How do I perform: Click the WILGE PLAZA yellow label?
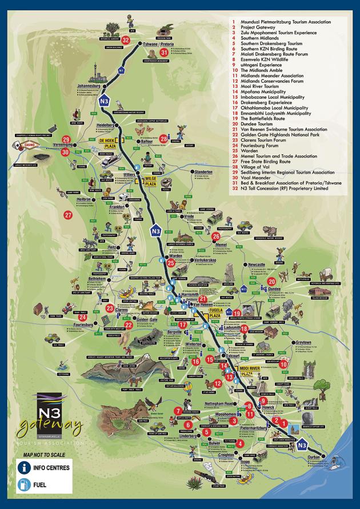pos(151,182)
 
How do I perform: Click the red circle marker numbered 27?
pos(69,215)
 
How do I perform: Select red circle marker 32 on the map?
pos(126,41)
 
